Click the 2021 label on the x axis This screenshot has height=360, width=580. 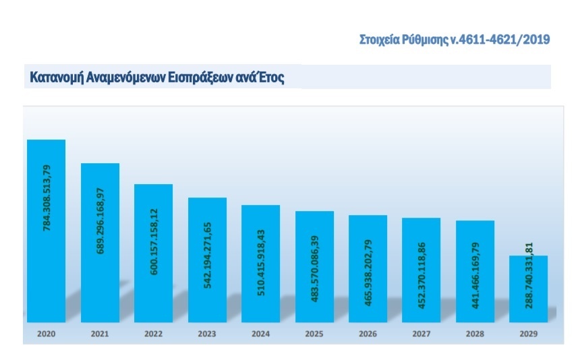click(x=100, y=333)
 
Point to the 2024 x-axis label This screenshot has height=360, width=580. click(x=260, y=333)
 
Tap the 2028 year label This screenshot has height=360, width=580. click(x=475, y=333)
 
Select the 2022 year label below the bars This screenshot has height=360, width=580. click(x=153, y=333)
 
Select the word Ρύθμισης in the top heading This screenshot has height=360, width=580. click(x=425, y=39)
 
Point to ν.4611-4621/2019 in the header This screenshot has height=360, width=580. click(x=500, y=39)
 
